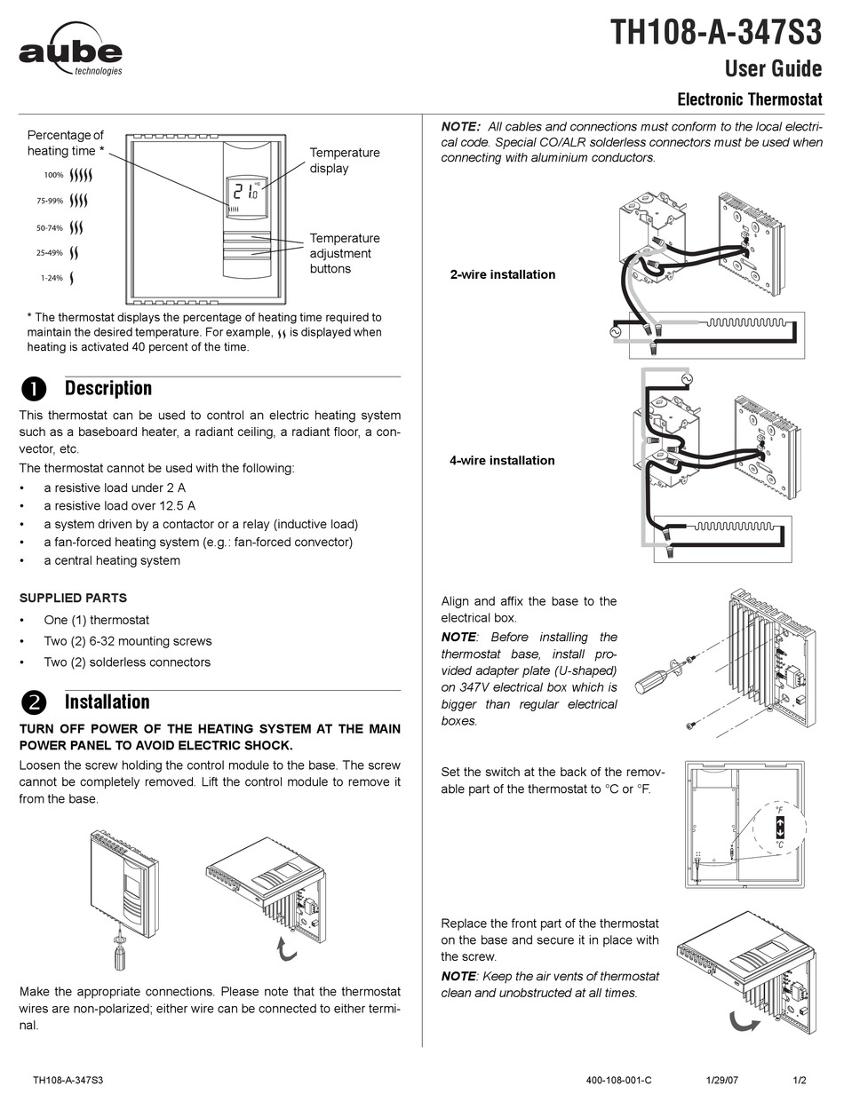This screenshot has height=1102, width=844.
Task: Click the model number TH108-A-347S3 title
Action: pos(715,33)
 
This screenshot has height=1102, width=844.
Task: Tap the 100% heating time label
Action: pos(54,175)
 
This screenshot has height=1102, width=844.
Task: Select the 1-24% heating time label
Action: pos(52,278)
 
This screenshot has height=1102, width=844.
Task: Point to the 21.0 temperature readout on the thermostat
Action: pos(244,190)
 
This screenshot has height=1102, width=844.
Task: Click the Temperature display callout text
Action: pos(344,161)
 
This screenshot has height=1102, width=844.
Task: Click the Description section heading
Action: pos(107,388)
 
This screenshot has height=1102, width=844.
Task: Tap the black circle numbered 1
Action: pos(33,389)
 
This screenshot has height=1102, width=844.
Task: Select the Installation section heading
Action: pos(107,702)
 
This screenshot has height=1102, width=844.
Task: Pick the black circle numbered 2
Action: pos(33,702)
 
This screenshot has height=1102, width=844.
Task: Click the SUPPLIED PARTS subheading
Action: pos(73,598)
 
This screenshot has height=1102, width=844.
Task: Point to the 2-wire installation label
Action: pos(502,274)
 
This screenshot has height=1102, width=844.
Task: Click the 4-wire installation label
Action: pos(502,460)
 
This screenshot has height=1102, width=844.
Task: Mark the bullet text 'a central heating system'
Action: pos(112,560)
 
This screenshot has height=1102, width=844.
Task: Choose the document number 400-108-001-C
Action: pos(619,1081)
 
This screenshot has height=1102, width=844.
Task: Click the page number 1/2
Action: pos(800,1081)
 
